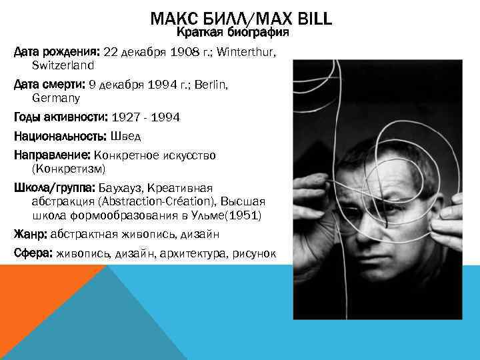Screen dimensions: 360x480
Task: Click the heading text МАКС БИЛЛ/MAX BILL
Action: click(x=241, y=19)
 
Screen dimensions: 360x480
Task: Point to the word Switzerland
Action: click(x=63, y=66)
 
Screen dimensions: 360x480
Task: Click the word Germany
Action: click(x=56, y=98)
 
